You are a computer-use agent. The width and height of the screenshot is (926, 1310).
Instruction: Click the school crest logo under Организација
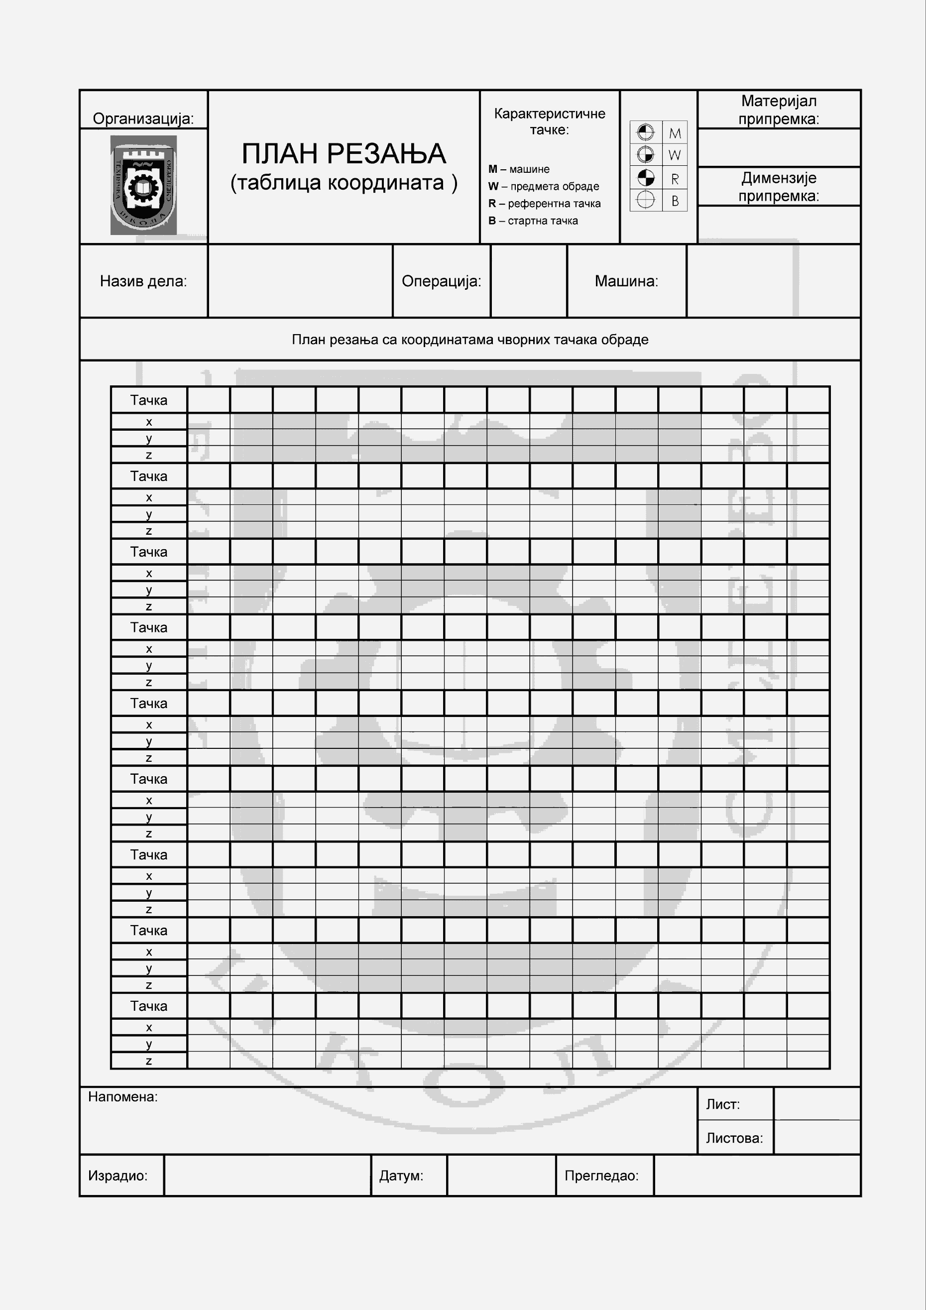tap(143, 185)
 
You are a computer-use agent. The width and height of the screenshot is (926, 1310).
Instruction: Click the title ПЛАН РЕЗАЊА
tap(344, 153)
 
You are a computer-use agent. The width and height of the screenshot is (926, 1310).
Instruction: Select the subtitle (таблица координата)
tap(344, 183)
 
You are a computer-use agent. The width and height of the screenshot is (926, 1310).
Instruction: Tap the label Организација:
tap(143, 119)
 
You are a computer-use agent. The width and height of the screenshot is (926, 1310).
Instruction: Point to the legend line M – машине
tap(519, 169)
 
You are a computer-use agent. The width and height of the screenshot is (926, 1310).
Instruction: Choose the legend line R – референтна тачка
tap(544, 204)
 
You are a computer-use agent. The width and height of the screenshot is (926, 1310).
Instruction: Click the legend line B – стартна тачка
tap(533, 221)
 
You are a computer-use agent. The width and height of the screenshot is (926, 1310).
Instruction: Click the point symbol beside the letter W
tap(645, 155)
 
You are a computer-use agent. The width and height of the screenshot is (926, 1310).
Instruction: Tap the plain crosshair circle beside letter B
tap(645, 200)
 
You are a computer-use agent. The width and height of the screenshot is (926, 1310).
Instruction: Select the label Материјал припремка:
tap(779, 110)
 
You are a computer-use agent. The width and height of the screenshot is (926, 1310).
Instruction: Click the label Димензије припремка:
tap(779, 187)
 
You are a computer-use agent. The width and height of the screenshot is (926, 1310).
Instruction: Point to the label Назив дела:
tap(143, 281)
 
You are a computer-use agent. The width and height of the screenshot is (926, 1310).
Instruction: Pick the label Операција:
tap(441, 281)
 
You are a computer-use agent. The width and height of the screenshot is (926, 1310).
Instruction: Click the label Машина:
tap(626, 281)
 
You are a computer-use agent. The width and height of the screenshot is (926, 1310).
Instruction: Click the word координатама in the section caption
tap(445, 340)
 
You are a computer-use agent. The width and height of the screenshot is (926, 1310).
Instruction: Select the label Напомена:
tap(122, 1096)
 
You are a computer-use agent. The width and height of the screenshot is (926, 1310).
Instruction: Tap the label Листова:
tap(734, 1138)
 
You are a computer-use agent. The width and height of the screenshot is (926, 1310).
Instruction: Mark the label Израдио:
tap(117, 1176)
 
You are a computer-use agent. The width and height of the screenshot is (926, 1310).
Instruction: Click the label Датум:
tap(401, 1176)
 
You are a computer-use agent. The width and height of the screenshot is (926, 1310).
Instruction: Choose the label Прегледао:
tap(601, 1176)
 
